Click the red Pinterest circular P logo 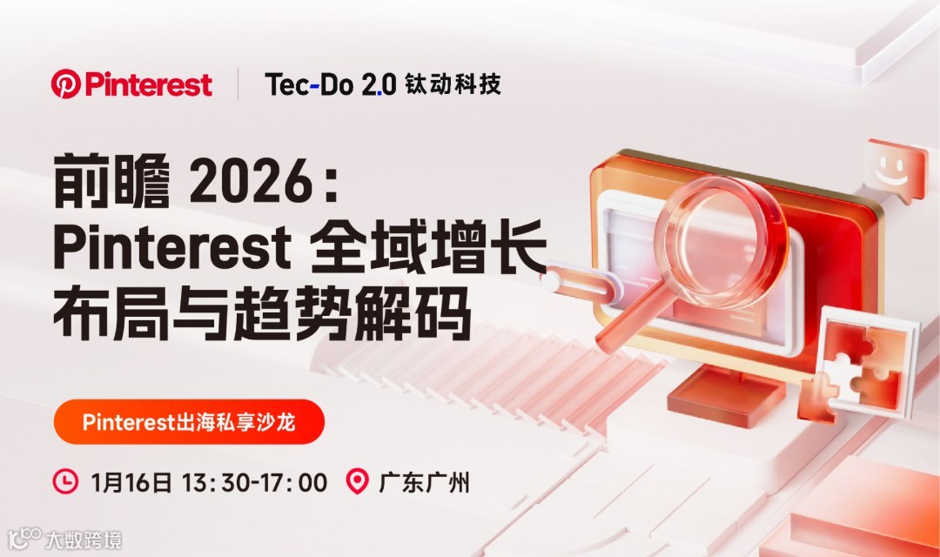click(65, 84)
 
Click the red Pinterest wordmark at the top click(148, 84)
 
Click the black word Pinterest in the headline click(171, 250)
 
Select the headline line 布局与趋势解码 click(262, 316)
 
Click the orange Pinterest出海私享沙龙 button click(189, 422)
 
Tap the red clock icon click(65, 480)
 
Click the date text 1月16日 click(131, 481)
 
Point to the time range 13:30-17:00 click(254, 481)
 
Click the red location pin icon click(357, 480)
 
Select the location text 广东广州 click(424, 481)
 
